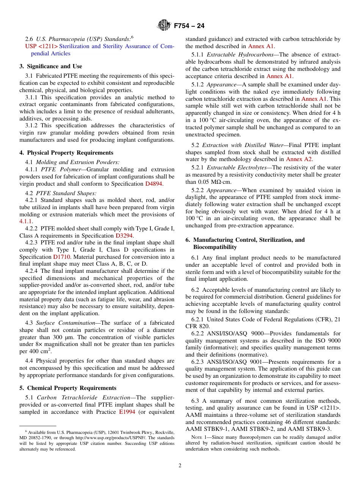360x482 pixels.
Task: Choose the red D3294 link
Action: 124,235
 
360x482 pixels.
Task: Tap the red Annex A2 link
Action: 299,160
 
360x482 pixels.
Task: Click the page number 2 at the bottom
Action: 180,466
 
